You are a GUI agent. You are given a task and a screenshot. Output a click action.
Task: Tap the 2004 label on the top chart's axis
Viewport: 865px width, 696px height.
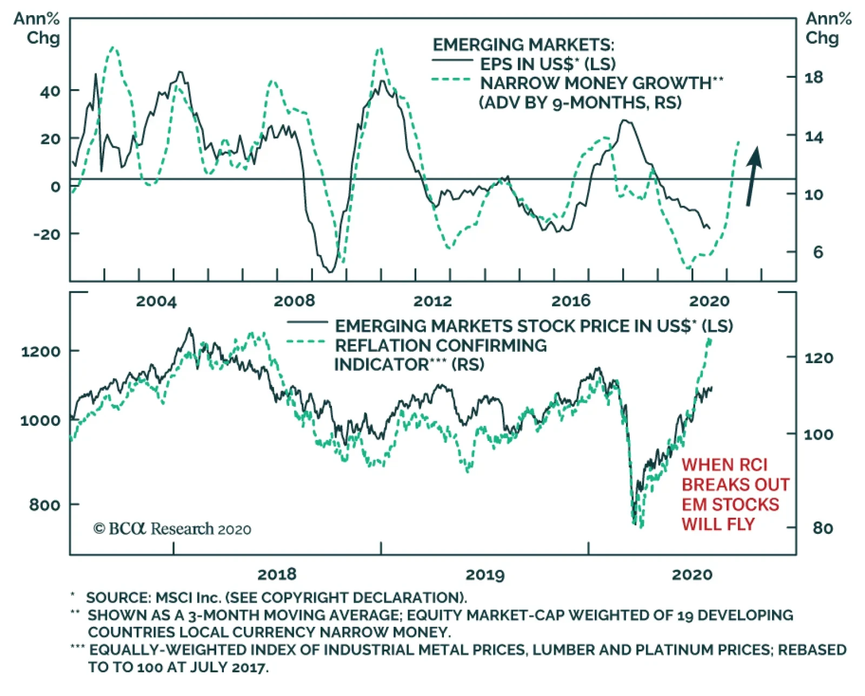tap(156, 301)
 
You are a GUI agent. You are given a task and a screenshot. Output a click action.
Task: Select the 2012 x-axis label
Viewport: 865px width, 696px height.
tap(432, 301)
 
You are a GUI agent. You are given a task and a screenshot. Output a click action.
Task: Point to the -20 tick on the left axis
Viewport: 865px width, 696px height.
tap(48, 235)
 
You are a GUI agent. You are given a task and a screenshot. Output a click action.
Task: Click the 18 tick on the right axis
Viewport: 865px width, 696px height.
tap(814, 77)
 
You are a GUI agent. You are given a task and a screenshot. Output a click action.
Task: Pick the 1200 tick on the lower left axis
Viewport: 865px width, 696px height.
tap(41, 352)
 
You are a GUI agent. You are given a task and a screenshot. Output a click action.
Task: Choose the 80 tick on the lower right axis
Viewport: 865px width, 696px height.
tap(822, 527)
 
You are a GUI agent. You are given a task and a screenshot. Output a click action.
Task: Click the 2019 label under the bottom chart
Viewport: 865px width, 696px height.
tap(485, 574)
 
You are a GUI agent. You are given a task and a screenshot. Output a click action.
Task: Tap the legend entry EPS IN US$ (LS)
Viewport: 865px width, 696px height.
tap(548, 64)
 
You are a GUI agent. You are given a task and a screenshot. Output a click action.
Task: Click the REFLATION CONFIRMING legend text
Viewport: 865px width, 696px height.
tap(441, 345)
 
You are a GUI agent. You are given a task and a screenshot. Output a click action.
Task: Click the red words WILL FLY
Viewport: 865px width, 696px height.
tap(718, 524)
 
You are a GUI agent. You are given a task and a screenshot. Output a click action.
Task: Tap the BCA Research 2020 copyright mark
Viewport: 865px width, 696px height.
tap(172, 528)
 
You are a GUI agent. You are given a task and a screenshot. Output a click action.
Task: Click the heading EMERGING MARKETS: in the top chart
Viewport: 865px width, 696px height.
tap(523, 44)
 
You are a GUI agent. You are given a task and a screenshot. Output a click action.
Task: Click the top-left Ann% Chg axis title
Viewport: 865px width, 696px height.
tap(37, 28)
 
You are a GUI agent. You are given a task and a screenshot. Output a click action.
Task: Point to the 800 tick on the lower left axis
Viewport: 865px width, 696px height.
tap(45, 505)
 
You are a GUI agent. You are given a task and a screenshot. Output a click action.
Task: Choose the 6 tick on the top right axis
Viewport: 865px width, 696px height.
tap(817, 252)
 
